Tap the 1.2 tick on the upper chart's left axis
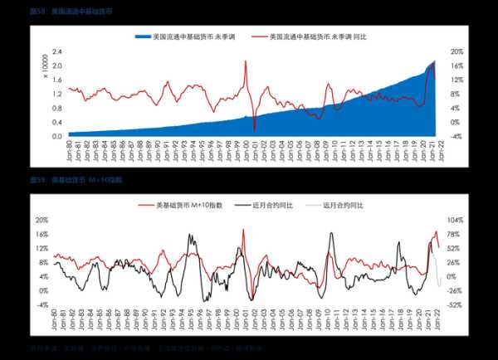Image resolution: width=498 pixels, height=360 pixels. [x=57, y=94]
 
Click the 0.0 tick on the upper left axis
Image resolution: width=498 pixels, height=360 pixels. [x=57, y=136]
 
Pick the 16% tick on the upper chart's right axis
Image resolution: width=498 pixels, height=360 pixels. [x=456, y=66]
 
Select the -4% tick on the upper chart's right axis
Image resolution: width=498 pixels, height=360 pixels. [x=456, y=136]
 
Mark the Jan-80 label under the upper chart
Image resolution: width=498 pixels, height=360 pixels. [x=69, y=149]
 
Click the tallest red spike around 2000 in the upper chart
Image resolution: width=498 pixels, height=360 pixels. [x=246, y=61]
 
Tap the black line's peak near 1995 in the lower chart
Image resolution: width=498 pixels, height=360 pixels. [x=192, y=236]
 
